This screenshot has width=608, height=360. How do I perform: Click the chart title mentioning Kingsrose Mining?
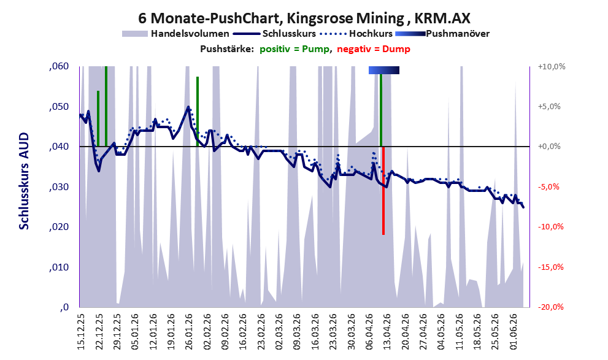pyautogui.click(x=304, y=18)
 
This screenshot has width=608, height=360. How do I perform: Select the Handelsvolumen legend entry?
pyautogui.click(x=175, y=34)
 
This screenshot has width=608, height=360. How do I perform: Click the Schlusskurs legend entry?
pyautogui.click(x=274, y=34)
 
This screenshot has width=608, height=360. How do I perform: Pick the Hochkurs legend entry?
pyautogui.click(x=356, y=34)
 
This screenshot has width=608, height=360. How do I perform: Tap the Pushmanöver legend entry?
pyautogui.click(x=442, y=34)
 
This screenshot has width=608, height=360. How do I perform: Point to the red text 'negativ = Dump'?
pyautogui.click(x=374, y=49)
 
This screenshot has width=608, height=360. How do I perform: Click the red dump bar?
pyautogui.click(x=383, y=191)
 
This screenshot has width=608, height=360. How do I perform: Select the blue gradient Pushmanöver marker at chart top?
pyautogui.click(x=383, y=70)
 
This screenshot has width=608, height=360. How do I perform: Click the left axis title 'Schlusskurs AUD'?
pyautogui.click(x=24, y=181)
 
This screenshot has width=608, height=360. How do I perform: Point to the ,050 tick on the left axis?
pyautogui.click(x=59, y=107)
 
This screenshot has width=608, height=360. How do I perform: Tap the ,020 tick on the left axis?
pyautogui.click(x=59, y=227)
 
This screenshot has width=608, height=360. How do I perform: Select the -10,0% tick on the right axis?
pyautogui.click(x=550, y=227)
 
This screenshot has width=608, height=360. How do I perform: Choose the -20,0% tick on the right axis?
pyautogui.click(x=550, y=307)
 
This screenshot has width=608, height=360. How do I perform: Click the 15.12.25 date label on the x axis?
pyautogui.click(x=80, y=332)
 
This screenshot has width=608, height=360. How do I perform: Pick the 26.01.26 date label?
pyautogui.click(x=189, y=332)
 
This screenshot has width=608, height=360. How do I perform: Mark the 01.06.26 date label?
pyautogui.click(x=513, y=332)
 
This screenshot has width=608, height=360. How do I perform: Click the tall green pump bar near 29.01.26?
pyautogui.click(x=198, y=112)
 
